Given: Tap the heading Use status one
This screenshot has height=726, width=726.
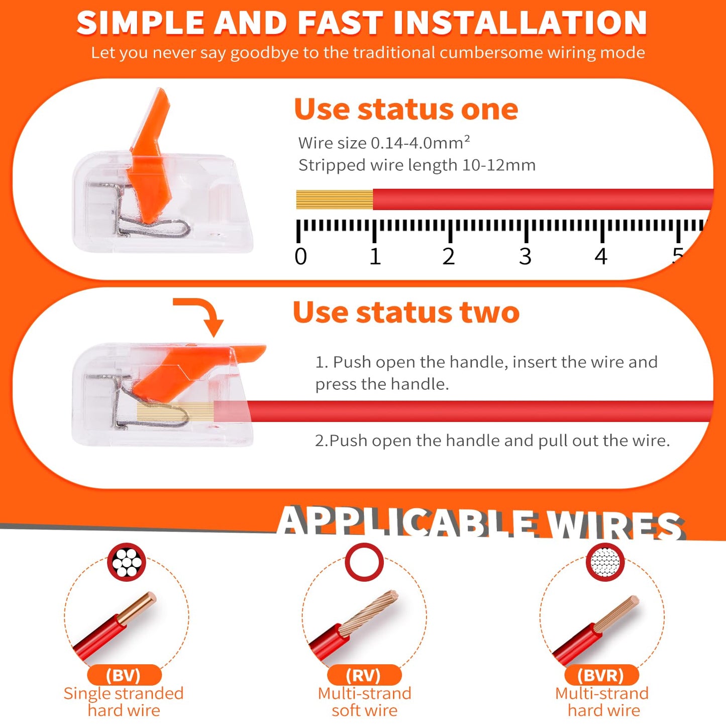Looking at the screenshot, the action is point(406,109).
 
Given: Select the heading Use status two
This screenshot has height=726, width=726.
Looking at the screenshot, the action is point(406,313).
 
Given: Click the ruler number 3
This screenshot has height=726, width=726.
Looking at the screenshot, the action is point(525,257).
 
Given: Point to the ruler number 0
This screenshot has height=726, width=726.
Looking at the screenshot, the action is point(300,257).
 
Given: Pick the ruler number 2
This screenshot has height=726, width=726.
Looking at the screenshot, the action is point(448,257).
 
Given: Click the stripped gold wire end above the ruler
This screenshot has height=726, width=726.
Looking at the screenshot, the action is point(335,199).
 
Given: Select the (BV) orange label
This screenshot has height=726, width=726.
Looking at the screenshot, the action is point(124,675).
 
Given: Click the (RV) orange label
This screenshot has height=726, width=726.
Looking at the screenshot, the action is point(364,675).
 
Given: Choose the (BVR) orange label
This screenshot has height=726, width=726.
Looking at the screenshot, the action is point(602,675).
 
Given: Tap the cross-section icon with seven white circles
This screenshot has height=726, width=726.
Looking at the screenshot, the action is point(127,562).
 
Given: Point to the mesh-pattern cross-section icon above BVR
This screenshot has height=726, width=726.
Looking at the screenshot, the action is point(605,562).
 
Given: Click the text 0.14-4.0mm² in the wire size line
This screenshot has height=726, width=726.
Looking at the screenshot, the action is point(420,143).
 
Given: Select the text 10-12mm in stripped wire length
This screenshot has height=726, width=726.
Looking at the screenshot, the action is point(498,165).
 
